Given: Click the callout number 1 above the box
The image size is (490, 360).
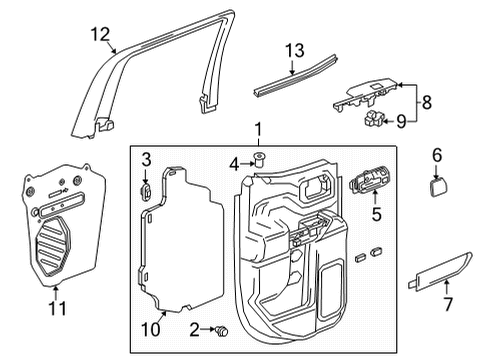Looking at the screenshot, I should pyautogui.click(x=258, y=129).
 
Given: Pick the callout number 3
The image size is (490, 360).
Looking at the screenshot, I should pyautogui.click(x=146, y=159).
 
